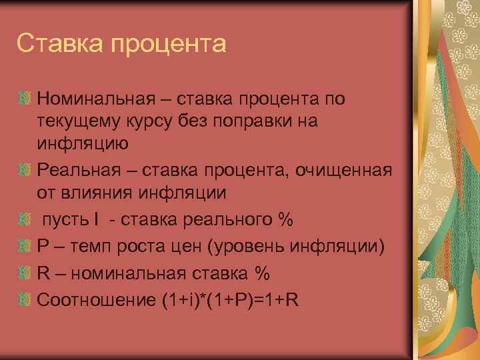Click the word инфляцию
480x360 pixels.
(83, 143)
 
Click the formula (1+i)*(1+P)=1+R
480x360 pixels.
(228, 301)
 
